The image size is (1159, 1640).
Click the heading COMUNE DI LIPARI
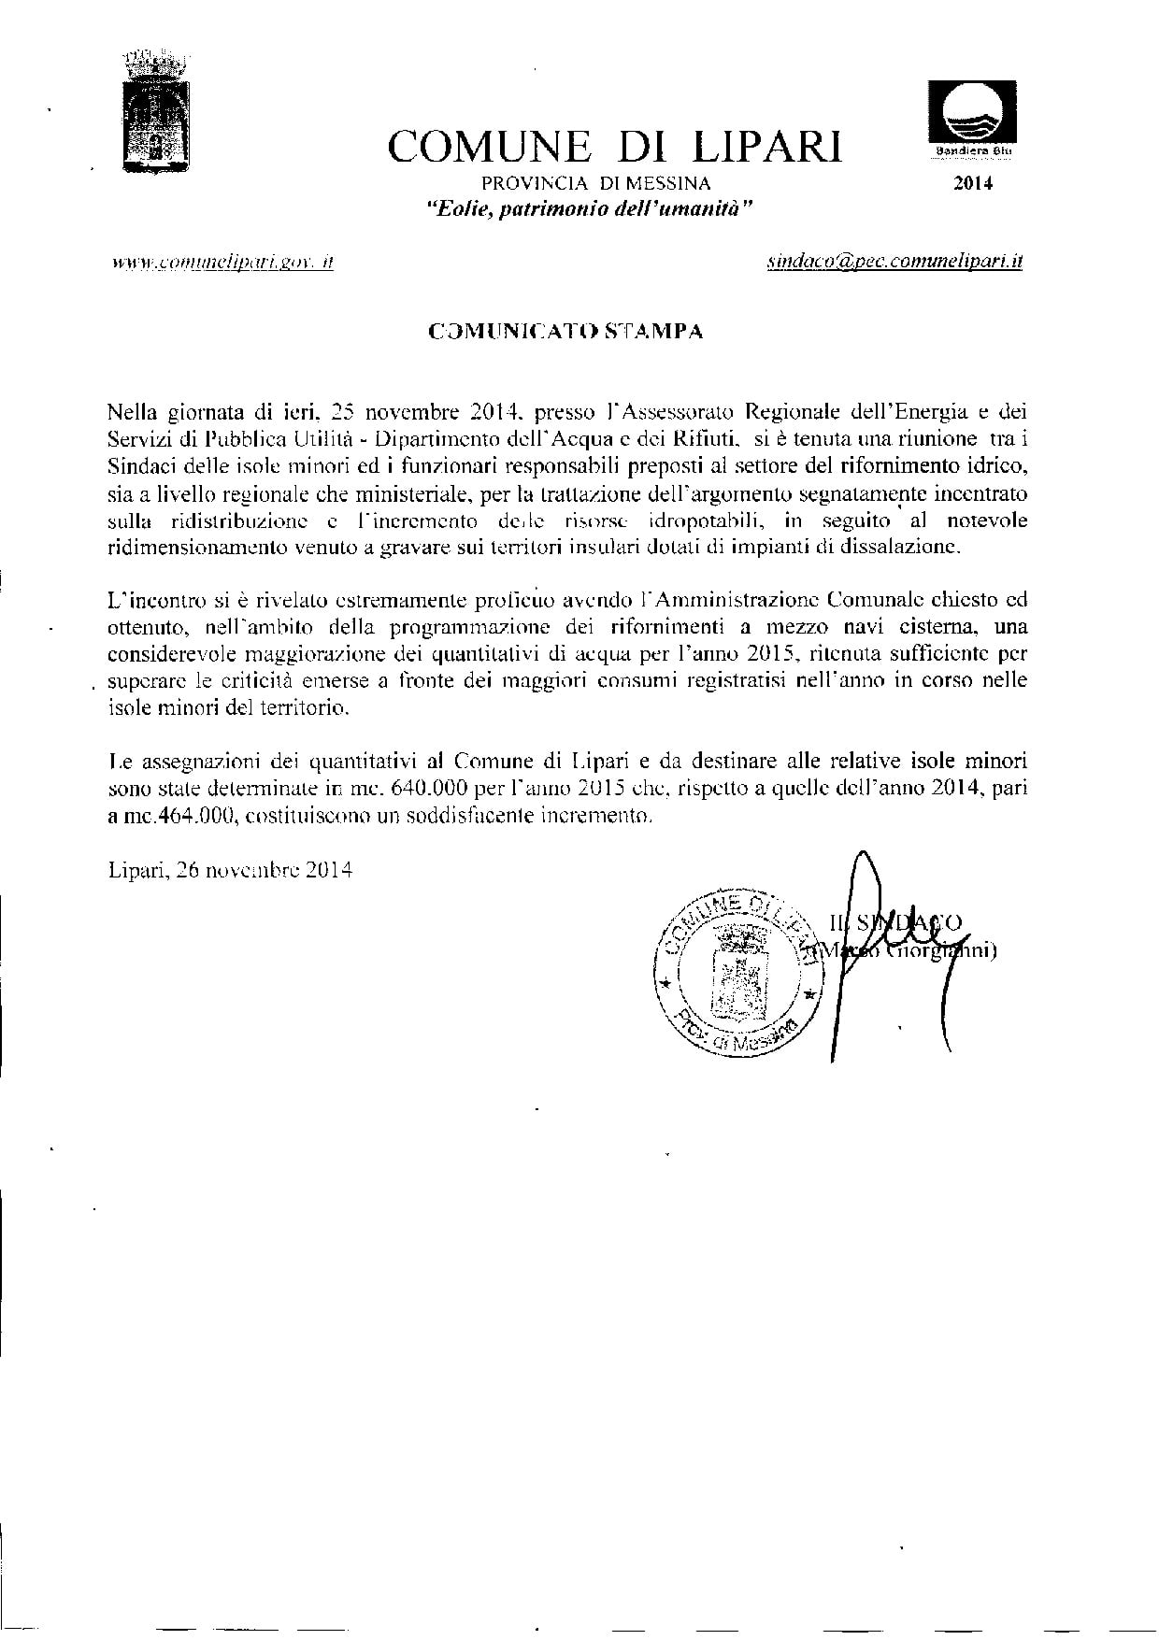coord(614,148)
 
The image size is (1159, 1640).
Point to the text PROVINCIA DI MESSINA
coord(595,183)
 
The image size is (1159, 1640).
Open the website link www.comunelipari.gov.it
coord(222,263)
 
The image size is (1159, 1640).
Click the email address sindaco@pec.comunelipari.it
coord(893,263)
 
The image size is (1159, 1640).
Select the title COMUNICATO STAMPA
coord(565,331)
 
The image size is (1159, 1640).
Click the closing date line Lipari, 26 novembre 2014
coord(230,871)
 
